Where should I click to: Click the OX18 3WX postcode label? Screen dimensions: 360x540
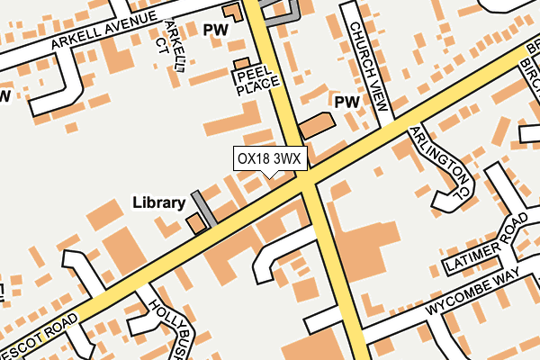(271, 159)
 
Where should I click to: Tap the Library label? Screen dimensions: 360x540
(158, 202)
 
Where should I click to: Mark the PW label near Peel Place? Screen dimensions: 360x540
(217, 30)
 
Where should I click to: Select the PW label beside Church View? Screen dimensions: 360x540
(346, 103)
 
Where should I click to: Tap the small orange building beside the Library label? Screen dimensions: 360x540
(194, 223)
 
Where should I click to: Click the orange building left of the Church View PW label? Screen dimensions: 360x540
(316, 125)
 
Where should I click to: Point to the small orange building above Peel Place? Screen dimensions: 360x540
(240, 64)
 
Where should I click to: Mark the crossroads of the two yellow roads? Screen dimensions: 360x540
(309, 180)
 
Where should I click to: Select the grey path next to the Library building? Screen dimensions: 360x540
(203, 208)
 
